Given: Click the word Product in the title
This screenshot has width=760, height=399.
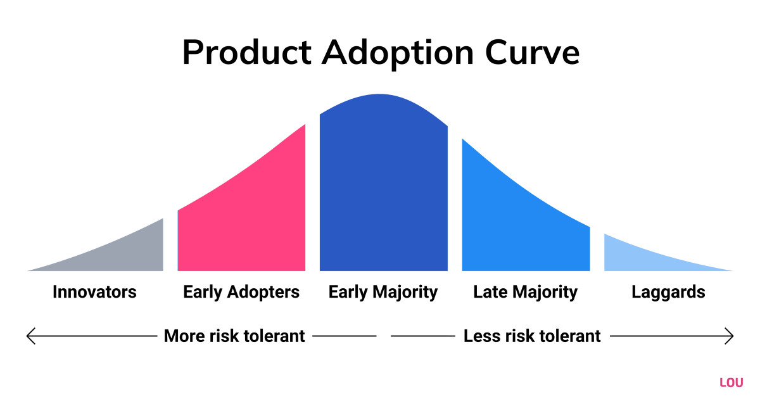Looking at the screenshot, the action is pos(246,52).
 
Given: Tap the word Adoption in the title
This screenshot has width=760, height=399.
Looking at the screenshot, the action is pos(397,54).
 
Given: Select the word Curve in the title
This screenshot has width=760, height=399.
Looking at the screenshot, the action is pos(533,52).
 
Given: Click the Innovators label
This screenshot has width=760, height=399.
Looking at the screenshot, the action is pos(94,292).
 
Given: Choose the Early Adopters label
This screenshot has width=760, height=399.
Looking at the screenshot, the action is pos(241,293).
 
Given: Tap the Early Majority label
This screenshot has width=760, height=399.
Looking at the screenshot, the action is pos(383,293).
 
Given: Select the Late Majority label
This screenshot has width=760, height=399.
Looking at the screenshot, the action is pos(525,293).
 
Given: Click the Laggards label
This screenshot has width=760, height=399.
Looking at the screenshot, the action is pos(668,293).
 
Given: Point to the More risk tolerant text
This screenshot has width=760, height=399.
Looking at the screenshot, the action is pos(234,336).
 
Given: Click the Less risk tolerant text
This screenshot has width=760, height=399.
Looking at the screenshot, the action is pos(532,336).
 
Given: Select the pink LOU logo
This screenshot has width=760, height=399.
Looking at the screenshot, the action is pos(731,383).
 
